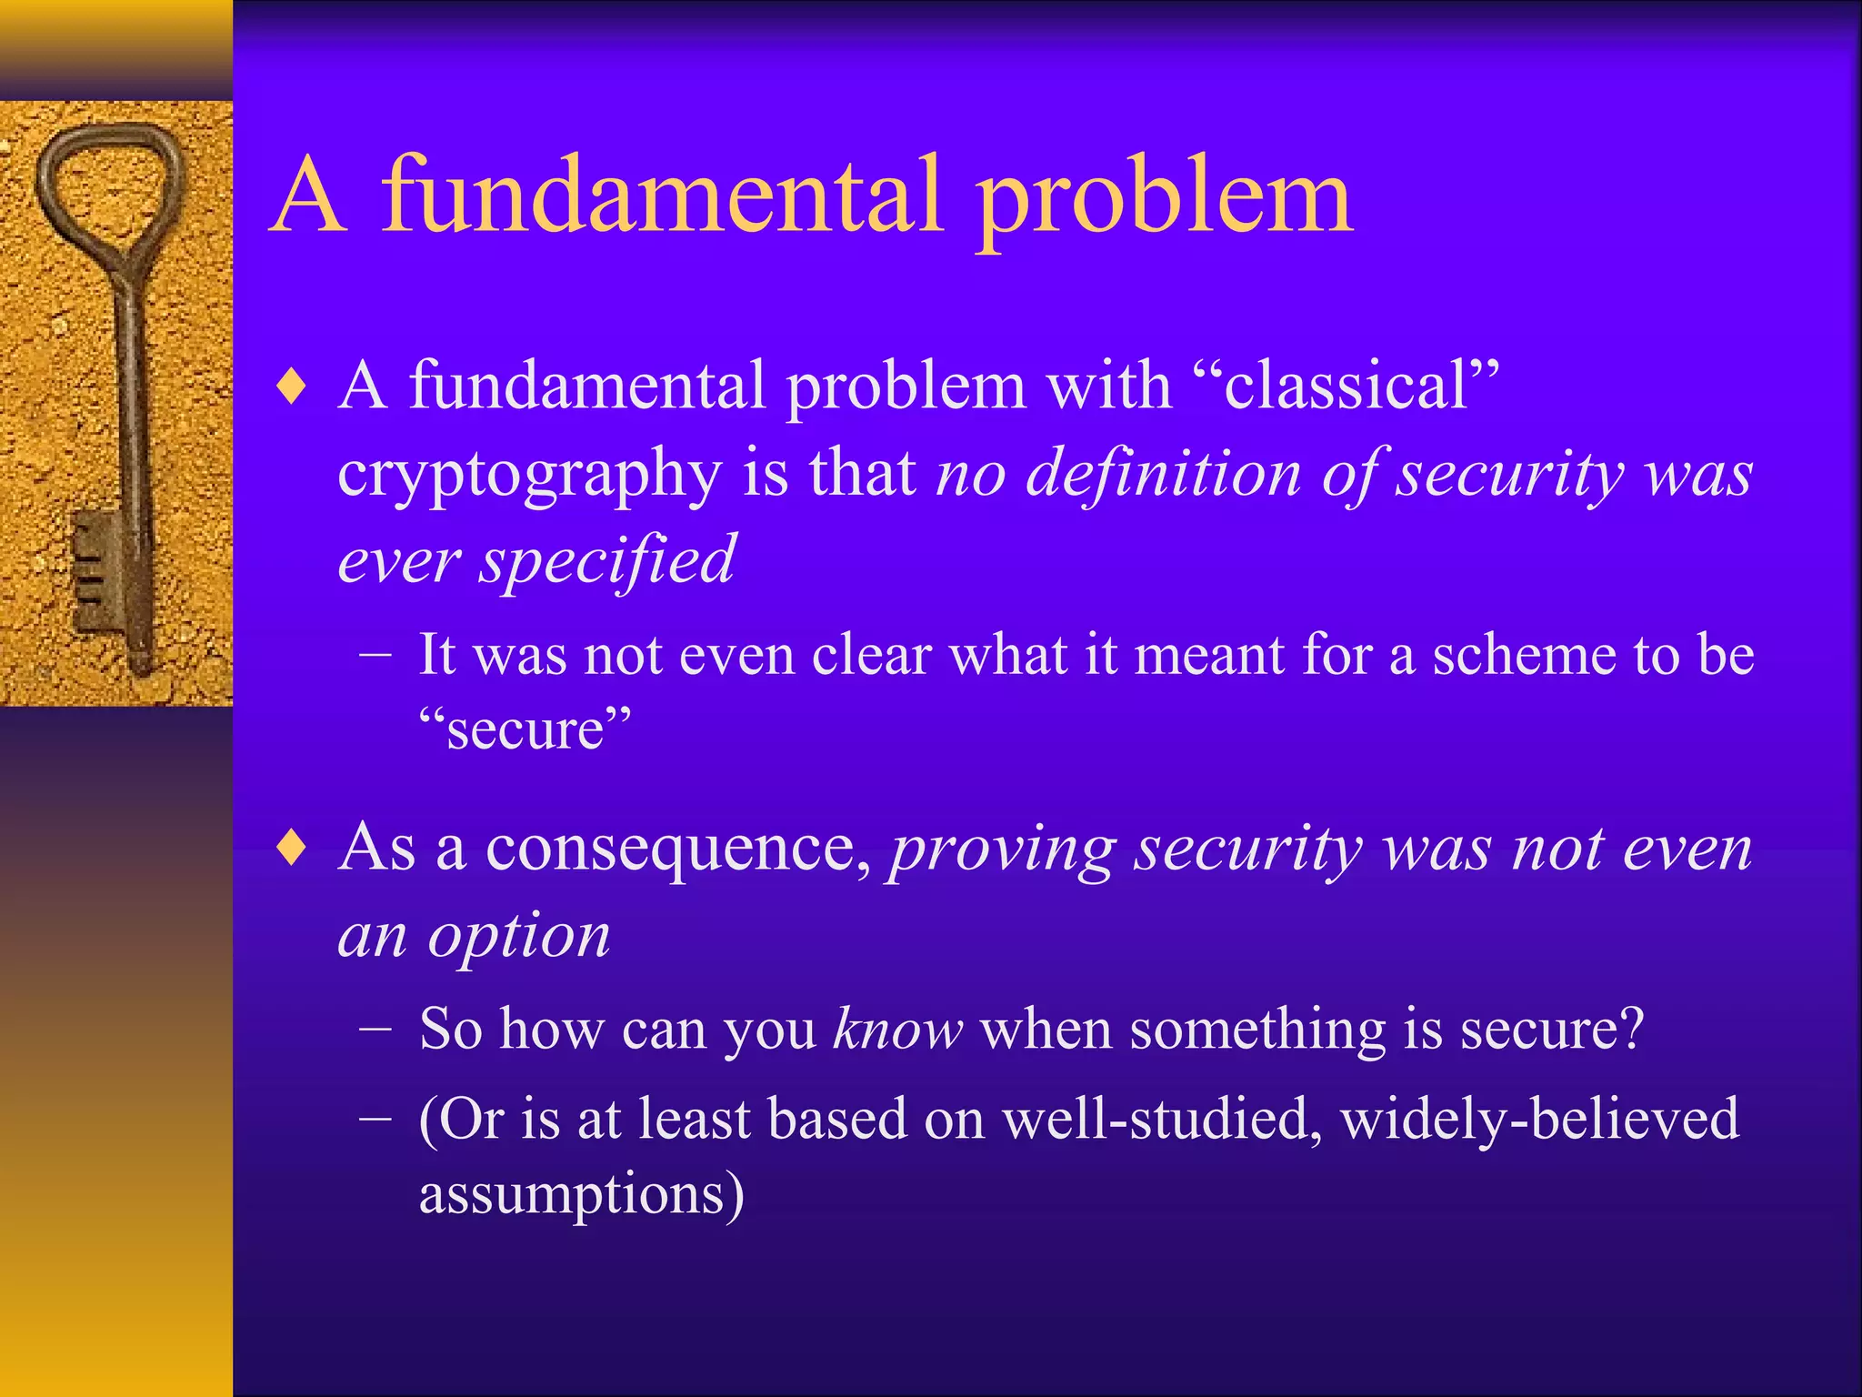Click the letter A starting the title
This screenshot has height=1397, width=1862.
pos(309,196)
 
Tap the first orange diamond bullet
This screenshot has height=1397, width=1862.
pos(292,387)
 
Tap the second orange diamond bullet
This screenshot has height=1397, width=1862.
pos(292,848)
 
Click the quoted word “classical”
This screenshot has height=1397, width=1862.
pos(1346,386)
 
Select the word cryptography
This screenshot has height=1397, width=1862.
pos(529,475)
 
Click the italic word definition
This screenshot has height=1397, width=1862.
pos(1164,473)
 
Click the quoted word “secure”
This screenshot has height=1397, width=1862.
pos(525,729)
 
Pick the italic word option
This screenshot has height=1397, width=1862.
pos(519,937)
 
